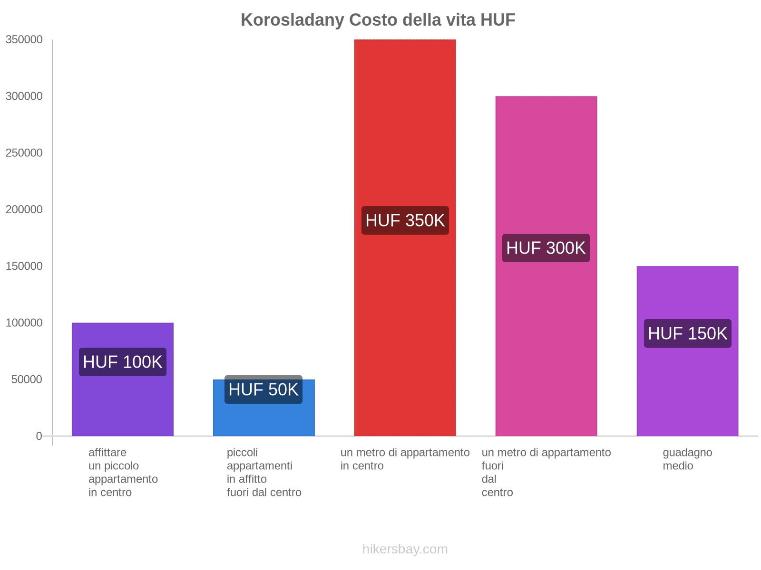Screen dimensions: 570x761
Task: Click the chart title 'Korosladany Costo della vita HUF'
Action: pyautogui.click(x=378, y=20)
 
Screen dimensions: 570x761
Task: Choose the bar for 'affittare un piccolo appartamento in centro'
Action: pyautogui.click(x=123, y=404)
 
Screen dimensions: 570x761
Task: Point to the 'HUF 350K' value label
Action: pyautogui.click(x=405, y=220)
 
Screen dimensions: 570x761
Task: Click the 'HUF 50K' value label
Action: pyautogui.click(x=263, y=389)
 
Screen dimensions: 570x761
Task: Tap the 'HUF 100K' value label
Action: pyautogui.click(x=123, y=362)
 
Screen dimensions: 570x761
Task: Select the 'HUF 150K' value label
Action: pyautogui.click(x=687, y=333)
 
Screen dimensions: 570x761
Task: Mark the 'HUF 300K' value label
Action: pyautogui.click(x=546, y=248)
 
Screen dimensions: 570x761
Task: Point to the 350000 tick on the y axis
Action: pyautogui.click(x=24, y=40)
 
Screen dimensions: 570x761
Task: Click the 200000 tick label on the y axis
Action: pyautogui.click(x=24, y=209)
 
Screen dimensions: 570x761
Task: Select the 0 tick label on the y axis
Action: pyautogui.click(x=39, y=436)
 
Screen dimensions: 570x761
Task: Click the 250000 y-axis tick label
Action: pyautogui.click(x=24, y=153)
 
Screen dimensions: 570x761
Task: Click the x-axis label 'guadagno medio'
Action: pyautogui.click(x=687, y=459)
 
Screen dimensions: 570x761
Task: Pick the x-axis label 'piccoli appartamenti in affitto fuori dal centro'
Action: pyautogui.click(x=264, y=472)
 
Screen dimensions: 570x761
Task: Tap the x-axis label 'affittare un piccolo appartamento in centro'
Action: pyautogui.click(x=123, y=472)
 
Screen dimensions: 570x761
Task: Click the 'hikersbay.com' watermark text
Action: pyautogui.click(x=405, y=549)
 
